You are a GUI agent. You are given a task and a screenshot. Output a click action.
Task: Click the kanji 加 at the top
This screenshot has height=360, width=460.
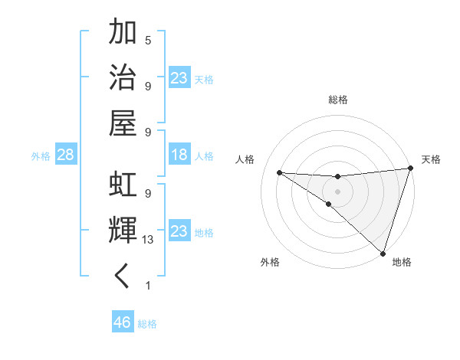coord(123,32)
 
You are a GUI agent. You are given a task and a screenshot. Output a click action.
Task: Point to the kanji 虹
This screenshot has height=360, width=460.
coord(123,185)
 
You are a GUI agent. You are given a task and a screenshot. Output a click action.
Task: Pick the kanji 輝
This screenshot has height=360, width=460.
coord(123,231)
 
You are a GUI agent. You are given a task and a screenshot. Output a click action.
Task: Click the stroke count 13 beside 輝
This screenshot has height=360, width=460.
coord(148,240)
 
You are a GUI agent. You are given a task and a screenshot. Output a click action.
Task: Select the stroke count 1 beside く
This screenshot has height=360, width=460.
coord(148,286)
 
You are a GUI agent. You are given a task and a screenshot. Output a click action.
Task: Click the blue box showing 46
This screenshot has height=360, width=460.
coord(123,322)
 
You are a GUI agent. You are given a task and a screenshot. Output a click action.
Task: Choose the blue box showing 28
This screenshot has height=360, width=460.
coord(66,155)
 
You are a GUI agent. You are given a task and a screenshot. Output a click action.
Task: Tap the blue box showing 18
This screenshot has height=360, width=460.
coord(179,155)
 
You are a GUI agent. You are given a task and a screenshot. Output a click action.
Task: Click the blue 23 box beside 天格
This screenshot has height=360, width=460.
coord(179,78)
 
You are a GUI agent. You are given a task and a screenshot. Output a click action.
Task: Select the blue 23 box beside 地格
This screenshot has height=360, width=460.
coord(179,231)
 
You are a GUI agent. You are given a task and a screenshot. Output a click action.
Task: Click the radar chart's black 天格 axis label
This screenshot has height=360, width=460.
coord(431,159)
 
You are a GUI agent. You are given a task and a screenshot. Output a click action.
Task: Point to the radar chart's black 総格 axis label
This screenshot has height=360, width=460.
coord(338,100)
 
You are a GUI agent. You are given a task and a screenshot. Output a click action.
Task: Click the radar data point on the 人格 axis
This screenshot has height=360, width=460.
coord(279,172)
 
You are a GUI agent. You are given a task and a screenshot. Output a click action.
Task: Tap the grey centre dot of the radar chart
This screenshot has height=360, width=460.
coord(337,191)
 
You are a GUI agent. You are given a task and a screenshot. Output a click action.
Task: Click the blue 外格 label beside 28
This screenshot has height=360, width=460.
coord(41,156)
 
